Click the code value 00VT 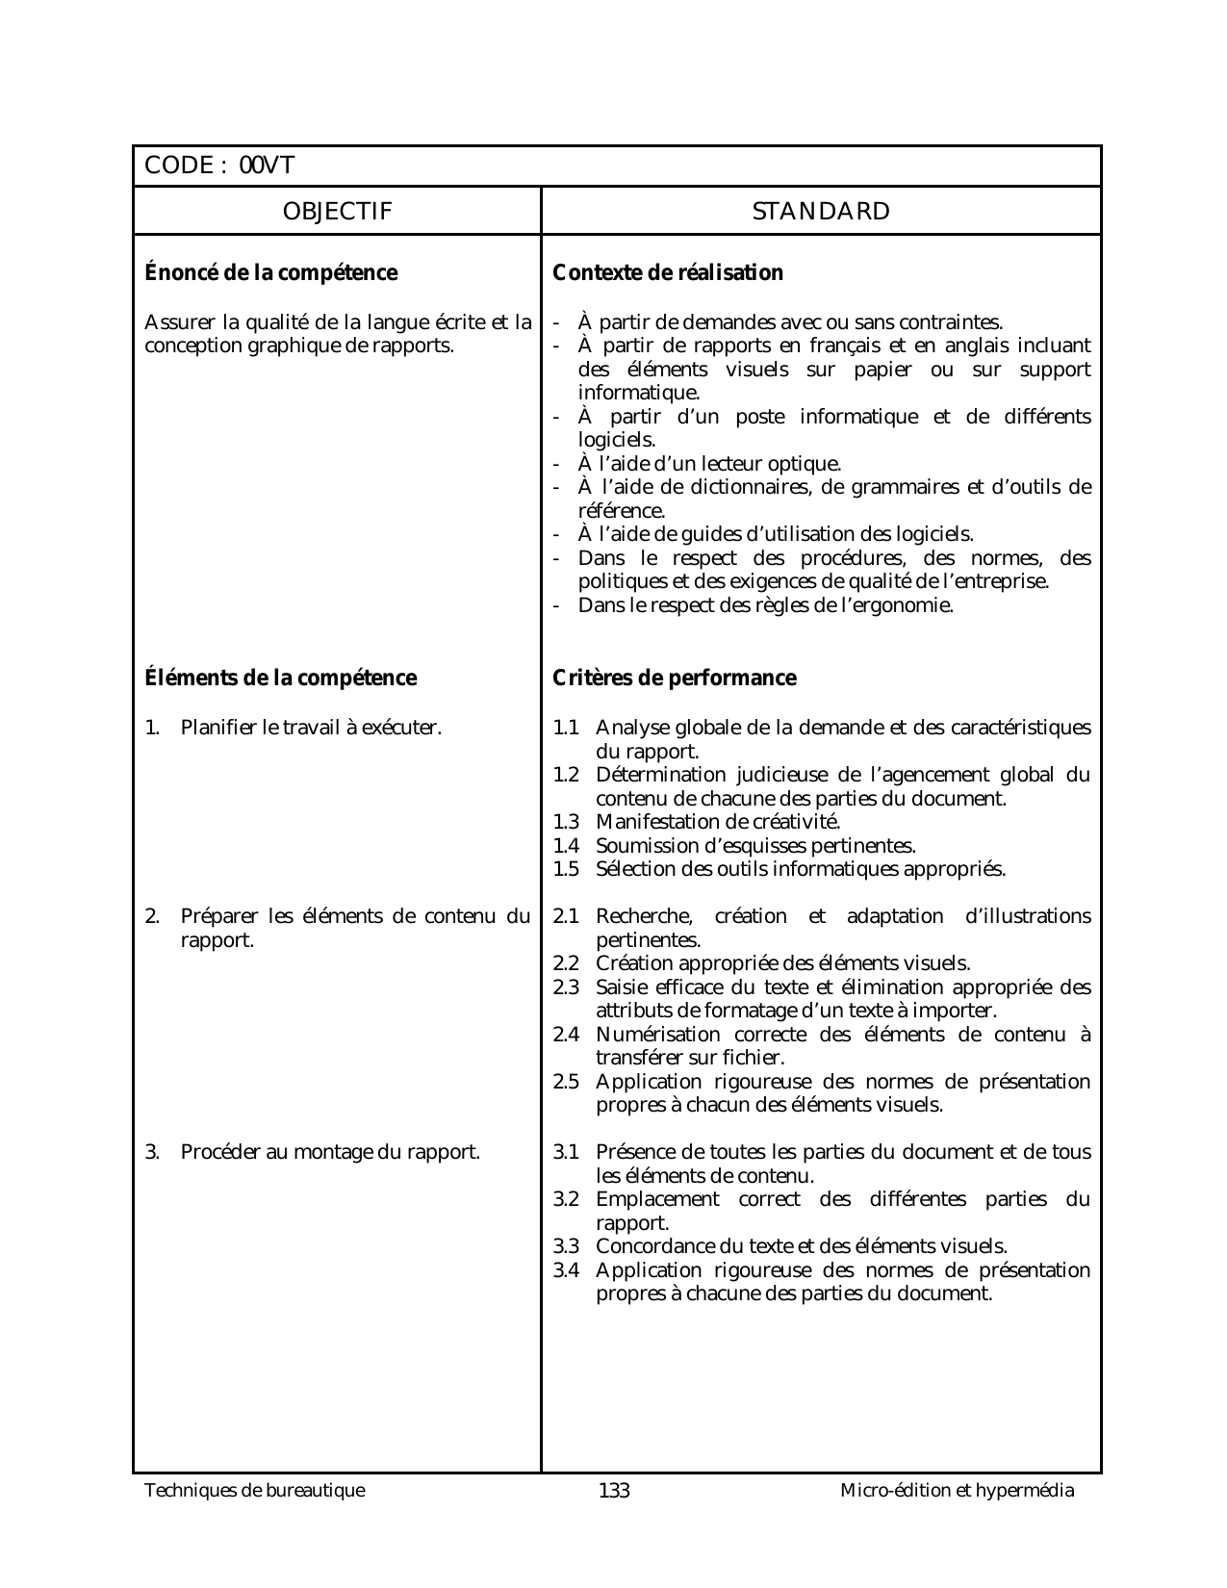click(x=267, y=166)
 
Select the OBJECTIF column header click(x=337, y=212)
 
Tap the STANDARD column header click(x=821, y=212)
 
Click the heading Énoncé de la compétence click(x=270, y=273)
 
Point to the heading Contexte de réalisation click(x=668, y=273)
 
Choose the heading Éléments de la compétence click(x=280, y=679)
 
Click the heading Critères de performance click(x=675, y=679)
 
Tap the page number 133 click(x=614, y=1492)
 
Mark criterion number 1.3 click(x=566, y=823)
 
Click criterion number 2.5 click(x=566, y=1082)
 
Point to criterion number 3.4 click(x=566, y=1270)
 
